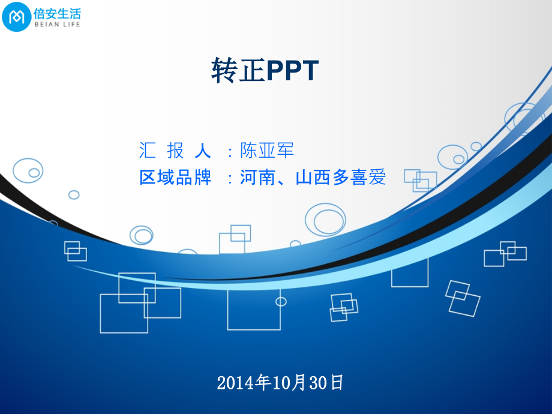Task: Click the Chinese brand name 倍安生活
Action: click(57, 13)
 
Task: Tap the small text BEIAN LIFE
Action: click(57, 25)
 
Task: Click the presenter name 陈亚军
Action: click(267, 150)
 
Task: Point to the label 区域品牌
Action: click(175, 178)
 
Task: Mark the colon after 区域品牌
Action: click(230, 179)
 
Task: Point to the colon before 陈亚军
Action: click(230, 151)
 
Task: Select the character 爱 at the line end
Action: click(377, 178)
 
